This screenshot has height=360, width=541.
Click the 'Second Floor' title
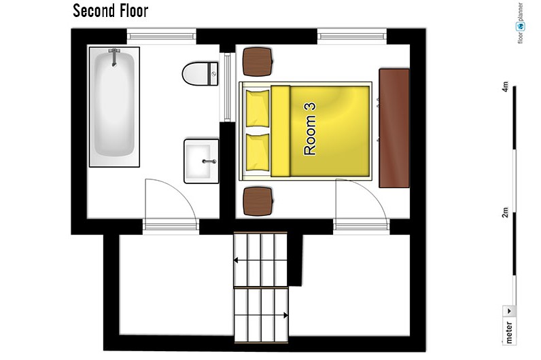click(110, 11)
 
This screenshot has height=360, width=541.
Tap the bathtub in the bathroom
click(114, 107)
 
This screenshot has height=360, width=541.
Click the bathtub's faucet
click(114, 57)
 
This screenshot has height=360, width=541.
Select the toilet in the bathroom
click(200, 73)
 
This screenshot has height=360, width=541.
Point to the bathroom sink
click(201, 161)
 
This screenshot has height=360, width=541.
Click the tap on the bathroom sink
click(209, 162)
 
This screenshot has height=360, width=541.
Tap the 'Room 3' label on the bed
click(309, 128)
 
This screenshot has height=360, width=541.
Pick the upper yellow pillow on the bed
click(258, 108)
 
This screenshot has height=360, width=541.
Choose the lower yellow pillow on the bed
click(258, 151)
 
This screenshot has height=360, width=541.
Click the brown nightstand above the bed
click(258, 61)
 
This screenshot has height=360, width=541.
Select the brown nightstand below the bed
click(258, 201)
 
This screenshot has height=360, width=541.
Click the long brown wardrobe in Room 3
click(394, 128)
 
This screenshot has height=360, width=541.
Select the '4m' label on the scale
click(505, 86)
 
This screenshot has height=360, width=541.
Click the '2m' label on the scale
click(505, 213)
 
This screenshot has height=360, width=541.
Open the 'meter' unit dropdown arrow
click(509, 311)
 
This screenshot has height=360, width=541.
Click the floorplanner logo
click(521, 23)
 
